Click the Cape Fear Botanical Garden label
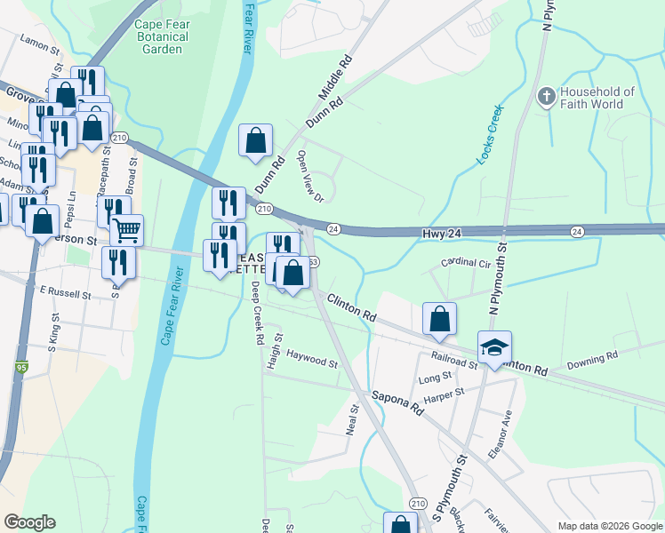161,36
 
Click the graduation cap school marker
494,347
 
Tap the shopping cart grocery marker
127,230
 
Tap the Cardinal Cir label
466,264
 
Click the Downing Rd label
593,358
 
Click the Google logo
29,522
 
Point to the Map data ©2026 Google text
609,526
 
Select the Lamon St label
39,42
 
